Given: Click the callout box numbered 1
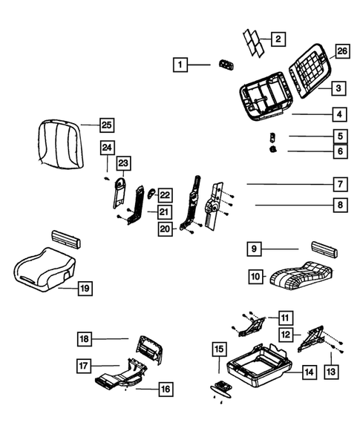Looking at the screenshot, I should (180, 65).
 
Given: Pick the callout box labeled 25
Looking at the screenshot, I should (107, 124).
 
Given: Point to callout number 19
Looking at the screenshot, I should (85, 287).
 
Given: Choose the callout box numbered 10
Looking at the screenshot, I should (256, 277).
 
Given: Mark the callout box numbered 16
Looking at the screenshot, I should (164, 387).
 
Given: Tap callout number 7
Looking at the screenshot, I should (338, 184).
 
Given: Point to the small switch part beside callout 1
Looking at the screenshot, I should (226, 66).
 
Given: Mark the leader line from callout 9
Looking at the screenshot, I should (283, 249).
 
